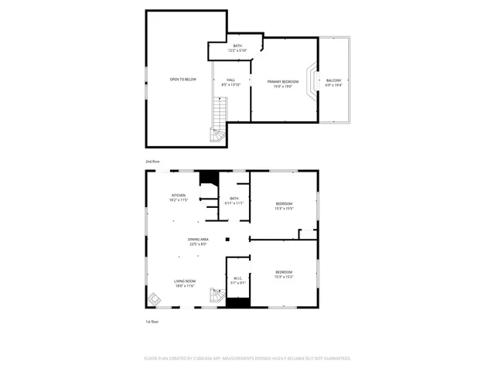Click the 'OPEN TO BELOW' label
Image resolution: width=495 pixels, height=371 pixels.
click(x=183, y=80)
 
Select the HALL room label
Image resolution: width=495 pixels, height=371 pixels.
click(x=230, y=82)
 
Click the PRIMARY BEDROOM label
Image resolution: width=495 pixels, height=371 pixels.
click(x=283, y=83)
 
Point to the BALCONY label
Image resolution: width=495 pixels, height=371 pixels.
click(x=333, y=83)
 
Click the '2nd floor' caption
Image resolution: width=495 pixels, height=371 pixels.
click(x=152, y=161)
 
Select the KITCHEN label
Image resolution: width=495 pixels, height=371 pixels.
click(x=179, y=198)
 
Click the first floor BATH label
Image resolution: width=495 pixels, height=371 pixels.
click(x=234, y=201)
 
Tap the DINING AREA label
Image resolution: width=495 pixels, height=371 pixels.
click(x=198, y=242)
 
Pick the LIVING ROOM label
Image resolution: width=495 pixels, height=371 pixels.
click(x=184, y=283)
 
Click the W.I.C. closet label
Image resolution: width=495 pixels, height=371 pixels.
click(x=237, y=280)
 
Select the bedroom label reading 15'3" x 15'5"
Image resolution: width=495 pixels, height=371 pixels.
click(x=283, y=206)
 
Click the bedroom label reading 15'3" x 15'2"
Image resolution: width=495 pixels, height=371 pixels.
click(x=283, y=274)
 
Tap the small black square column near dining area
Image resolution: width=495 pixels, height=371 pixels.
click(x=227, y=239)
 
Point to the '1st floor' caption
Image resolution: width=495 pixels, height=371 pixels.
click(x=152, y=321)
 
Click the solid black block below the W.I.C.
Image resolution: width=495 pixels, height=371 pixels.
click(x=237, y=302)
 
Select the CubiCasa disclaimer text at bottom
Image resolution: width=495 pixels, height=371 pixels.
click(x=247, y=359)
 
